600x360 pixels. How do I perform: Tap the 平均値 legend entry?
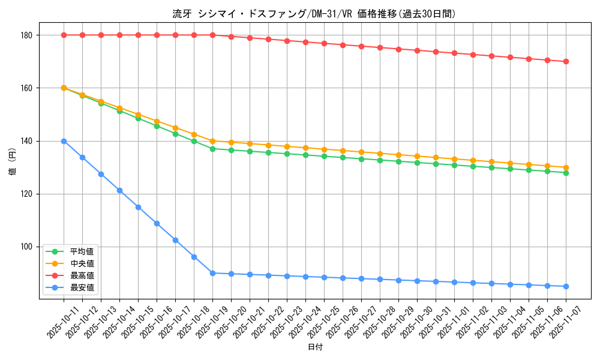click(82, 251)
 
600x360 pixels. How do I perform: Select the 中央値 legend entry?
click(82, 263)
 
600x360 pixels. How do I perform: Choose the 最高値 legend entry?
click(82, 275)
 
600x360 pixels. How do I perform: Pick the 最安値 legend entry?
click(82, 287)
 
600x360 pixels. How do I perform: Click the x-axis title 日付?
click(315, 347)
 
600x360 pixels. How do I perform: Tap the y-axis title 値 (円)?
click(13, 162)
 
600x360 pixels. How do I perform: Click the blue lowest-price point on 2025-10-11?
click(64, 141)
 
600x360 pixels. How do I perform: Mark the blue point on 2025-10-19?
click(212, 273)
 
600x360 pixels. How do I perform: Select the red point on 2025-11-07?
click(566, 61)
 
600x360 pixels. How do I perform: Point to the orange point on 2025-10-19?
click(212, 141)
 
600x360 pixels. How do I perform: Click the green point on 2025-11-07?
click(566, 173)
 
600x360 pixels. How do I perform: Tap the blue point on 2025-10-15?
click(138, 207)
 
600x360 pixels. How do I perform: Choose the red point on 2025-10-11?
click(64, 35)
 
